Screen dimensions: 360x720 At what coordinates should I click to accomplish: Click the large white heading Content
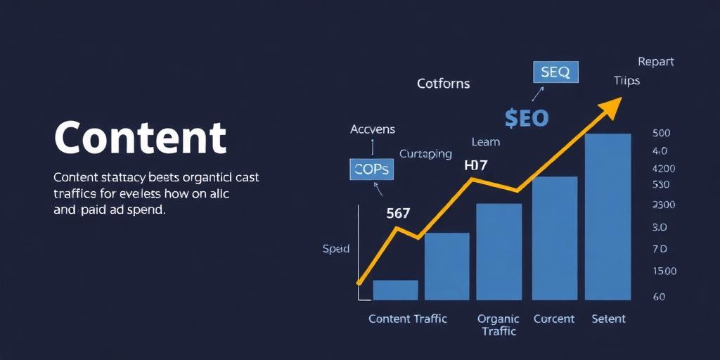pos(141,137)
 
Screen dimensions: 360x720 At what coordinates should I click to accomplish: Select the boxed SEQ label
pos(555,72)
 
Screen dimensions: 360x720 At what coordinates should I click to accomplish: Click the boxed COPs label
pos(372,169)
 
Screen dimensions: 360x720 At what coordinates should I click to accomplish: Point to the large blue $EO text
pos(526,117)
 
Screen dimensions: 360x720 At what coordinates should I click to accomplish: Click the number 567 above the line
pos(398,214)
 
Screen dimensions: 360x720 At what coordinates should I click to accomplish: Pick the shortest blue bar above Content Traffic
pos(395,290)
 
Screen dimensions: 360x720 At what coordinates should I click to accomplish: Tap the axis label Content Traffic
pos(408,319)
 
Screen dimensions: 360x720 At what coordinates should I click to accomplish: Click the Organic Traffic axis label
pos(499,324)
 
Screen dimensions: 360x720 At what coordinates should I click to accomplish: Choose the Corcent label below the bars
pos(554,319)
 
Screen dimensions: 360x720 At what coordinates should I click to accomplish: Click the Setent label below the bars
pos(608,319)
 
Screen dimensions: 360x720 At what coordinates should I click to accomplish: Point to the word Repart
pos(655,62)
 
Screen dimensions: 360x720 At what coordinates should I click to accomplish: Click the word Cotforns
pos(443,84)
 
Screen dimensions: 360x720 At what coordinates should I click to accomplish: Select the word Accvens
pos(373,129)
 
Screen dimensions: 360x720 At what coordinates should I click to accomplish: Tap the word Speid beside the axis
pos(336,249)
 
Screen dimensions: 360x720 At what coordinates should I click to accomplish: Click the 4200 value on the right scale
pos(664,169)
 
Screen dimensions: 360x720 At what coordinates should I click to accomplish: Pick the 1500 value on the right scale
pos(664,271)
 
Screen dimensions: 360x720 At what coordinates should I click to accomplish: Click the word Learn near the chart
pos(485,142)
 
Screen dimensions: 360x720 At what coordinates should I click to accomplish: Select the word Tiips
pos(626,81)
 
